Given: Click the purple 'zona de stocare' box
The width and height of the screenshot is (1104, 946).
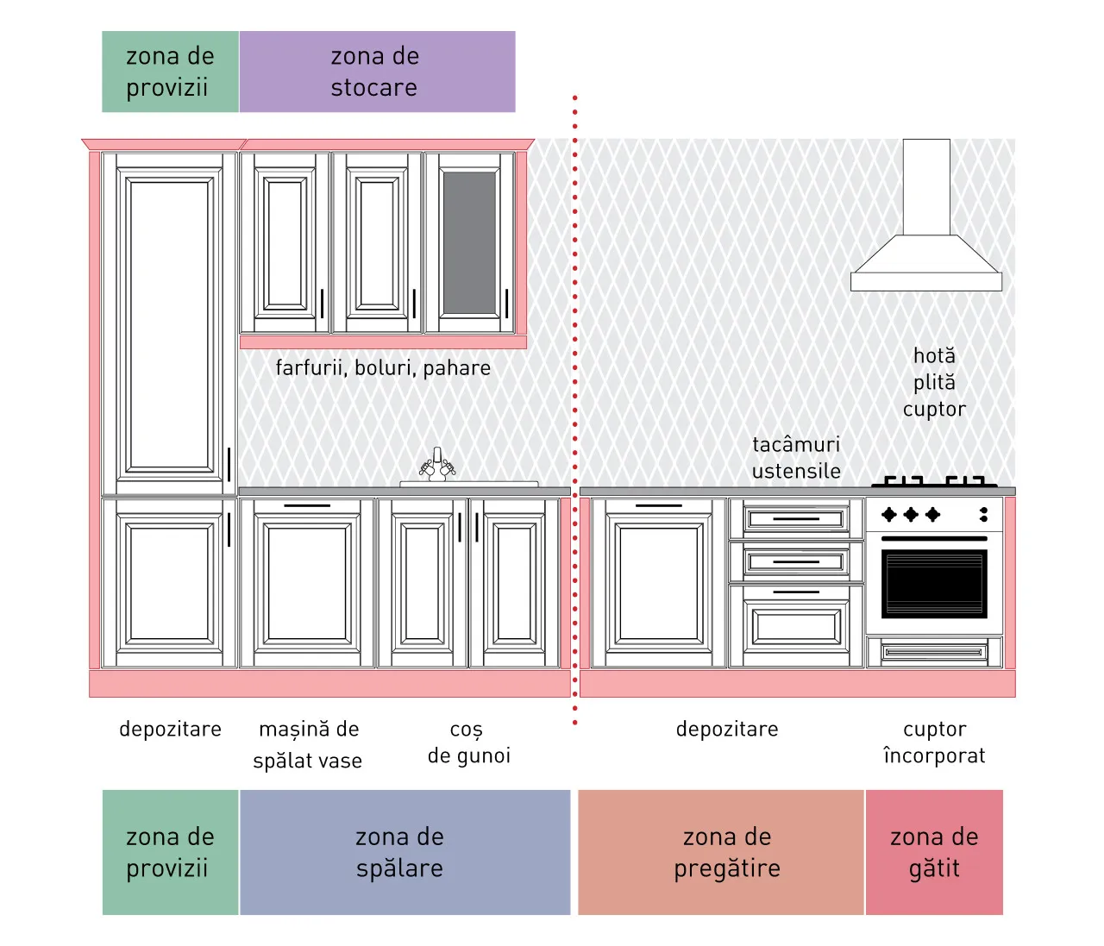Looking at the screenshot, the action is (x=377, y=72).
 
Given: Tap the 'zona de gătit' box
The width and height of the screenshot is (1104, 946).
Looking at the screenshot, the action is (x=934, y=852).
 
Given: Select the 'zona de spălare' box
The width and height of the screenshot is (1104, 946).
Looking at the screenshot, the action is (x=405, y=852).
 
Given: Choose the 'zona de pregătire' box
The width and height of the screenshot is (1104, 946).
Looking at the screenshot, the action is (x=720, y=852).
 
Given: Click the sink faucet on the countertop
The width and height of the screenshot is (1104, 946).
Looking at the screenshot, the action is (x=437, y=464).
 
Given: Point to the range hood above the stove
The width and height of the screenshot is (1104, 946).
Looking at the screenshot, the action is (x=926, y=216).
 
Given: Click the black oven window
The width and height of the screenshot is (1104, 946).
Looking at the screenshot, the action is (x=934, y=584).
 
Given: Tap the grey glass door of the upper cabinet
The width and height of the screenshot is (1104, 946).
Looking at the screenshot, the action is (x=469, y=243).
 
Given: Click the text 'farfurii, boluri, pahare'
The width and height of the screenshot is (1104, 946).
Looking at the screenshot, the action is (x=383, y=368).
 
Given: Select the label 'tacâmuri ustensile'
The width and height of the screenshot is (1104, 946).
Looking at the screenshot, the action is (x=796, y=458).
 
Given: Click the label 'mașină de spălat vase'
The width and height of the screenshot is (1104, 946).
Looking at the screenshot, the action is (x=308, y=745).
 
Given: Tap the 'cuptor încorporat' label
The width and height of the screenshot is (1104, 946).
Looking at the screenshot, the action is (x=934, y=742).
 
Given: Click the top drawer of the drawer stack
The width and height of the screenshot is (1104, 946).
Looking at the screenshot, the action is (x=796, y=518).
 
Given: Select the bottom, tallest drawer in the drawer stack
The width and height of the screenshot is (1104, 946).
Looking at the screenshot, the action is (x=796, y=626).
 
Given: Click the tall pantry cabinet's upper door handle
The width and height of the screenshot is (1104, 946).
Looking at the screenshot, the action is (x=229, y=464).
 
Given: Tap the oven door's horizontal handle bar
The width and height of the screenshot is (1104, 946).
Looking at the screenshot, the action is (x=934, y=538).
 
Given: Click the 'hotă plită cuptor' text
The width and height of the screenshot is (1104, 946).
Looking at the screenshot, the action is (x=934, y=383).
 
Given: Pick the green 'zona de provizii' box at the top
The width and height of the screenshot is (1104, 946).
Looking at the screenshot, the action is (x=171, y=72).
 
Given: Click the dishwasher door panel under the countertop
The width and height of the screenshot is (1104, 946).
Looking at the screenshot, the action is (x=307, y=583).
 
